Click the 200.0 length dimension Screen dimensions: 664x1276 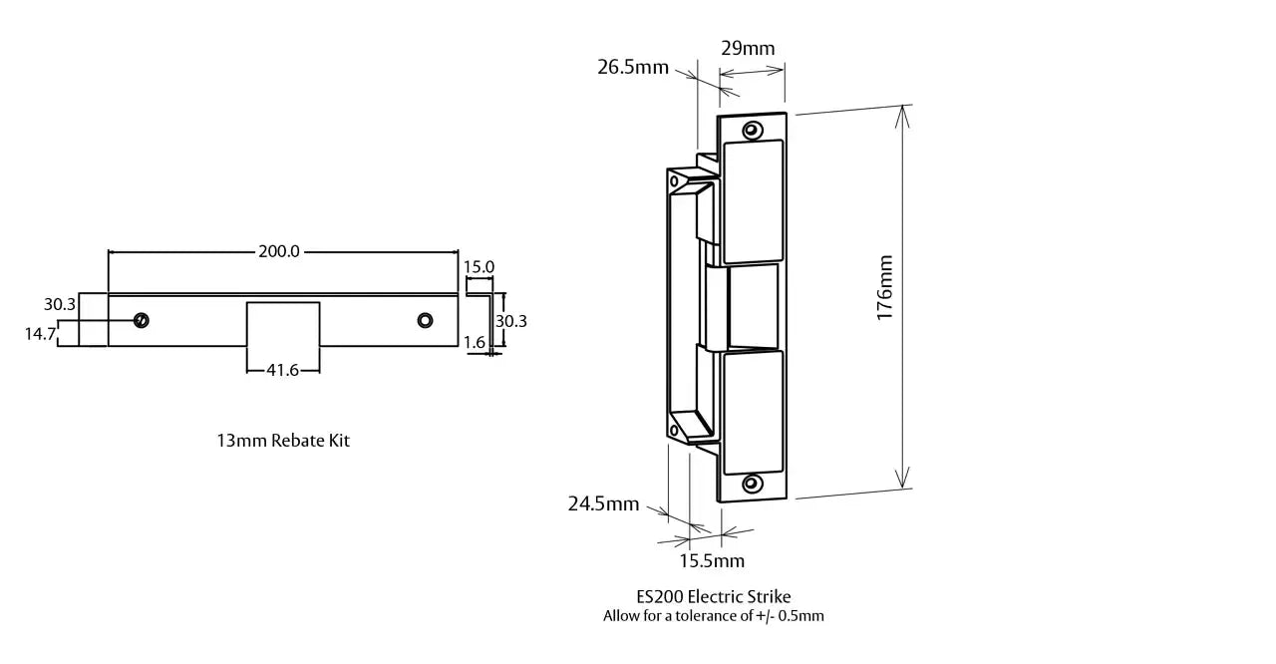point(279,251)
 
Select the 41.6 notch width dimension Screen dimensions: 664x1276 point(283,369)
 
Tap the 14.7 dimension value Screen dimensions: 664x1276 point(40,334)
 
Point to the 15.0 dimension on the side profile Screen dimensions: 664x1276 point(478,267)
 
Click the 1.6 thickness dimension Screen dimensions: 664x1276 point(475,343)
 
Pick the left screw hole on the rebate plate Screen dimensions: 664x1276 point(142,320)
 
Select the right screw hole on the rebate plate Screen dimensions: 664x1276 point(426,320)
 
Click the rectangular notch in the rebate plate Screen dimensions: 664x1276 point(283,323)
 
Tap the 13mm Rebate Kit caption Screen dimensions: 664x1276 point(283,440)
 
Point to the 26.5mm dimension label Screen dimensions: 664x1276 point(633,68)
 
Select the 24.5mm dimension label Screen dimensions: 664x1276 point(603,503)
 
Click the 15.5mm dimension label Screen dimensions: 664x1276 point(712,560)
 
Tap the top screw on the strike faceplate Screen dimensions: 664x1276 point(752,129)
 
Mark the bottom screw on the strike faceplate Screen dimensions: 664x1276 point(752,484)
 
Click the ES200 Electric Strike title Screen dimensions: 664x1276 point(713,596)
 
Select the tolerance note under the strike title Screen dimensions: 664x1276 point(713,616)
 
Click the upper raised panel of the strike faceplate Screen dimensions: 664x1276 point(753,201)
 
